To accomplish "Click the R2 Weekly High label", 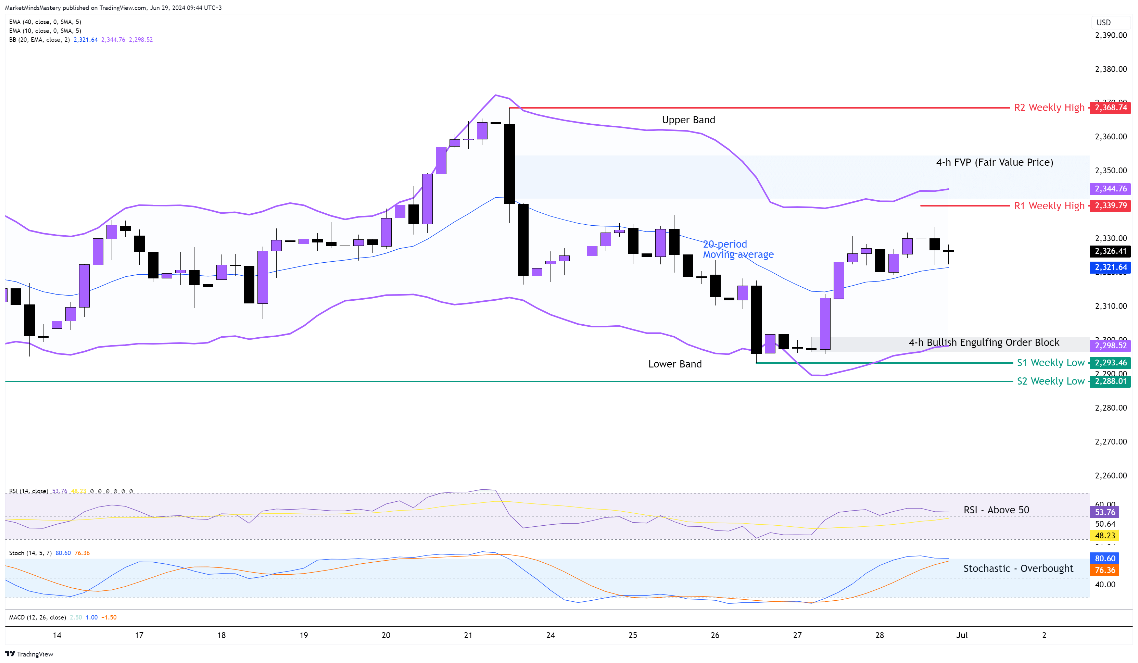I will point(1049,108).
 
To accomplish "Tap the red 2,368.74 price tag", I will point(1110,108).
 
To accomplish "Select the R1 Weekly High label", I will point(1049,206).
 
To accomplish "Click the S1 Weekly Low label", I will point(1050,363).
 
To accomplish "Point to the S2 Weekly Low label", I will point(1050,381).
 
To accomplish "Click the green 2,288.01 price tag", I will point(1110,381).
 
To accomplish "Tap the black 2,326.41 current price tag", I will point(1110,251).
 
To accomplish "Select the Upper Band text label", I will point(688,120).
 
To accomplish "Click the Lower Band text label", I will point(675,364).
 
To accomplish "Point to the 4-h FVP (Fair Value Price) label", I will point(995,162).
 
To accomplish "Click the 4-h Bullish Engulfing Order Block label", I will point(984,342).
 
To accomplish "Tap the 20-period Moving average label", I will point(738,249).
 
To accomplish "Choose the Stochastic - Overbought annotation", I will point(1018,568).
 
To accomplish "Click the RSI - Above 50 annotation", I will point(996,510).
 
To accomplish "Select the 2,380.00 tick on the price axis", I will point(1111,69).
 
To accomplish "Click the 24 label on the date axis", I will point(550,635).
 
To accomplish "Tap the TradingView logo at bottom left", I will point(29,654).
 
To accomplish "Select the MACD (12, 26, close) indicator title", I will point(37,617).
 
